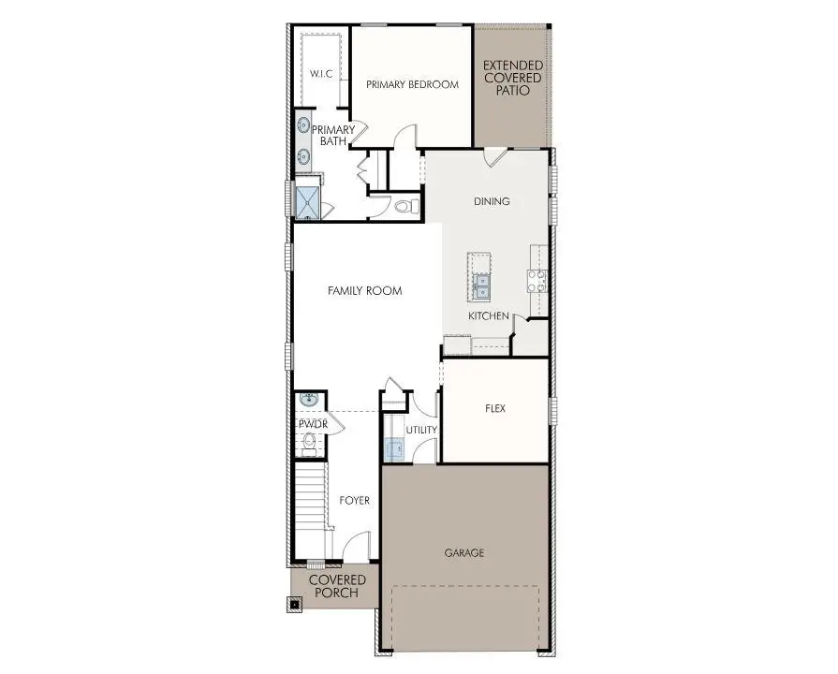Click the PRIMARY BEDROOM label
412,84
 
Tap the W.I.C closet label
321,73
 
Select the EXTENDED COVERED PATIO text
511,78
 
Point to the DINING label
492,200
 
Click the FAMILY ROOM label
364,291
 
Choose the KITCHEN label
489,316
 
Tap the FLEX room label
495,409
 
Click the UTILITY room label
421,430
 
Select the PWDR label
311,424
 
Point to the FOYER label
354,501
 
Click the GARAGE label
464,553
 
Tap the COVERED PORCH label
337,586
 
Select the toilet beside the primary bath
405,206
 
